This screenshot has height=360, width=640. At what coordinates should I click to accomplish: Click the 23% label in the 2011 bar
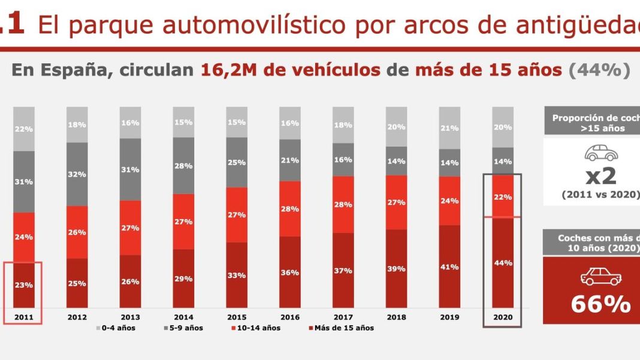(25, 285)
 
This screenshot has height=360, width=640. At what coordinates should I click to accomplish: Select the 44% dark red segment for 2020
(503, 263)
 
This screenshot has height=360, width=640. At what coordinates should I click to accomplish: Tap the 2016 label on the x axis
(290, 317)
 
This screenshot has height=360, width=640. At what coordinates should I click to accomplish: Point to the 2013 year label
(130, 317)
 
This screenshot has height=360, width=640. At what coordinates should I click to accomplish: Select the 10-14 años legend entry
(257, 328)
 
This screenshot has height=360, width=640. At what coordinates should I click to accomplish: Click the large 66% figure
(600, 304)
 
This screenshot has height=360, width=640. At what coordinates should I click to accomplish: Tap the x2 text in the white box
(600, 176)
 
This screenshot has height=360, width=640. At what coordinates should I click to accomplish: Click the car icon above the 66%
(600, 276)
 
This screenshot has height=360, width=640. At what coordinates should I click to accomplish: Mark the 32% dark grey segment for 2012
(77, 174)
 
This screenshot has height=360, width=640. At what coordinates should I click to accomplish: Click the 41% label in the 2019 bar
(450, 267)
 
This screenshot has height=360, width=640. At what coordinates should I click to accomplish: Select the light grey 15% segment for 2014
(183, 122)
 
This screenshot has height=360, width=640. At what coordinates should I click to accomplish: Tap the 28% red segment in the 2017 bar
(343, 204)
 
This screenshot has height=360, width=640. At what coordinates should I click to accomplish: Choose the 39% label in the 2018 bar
(397, 269)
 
